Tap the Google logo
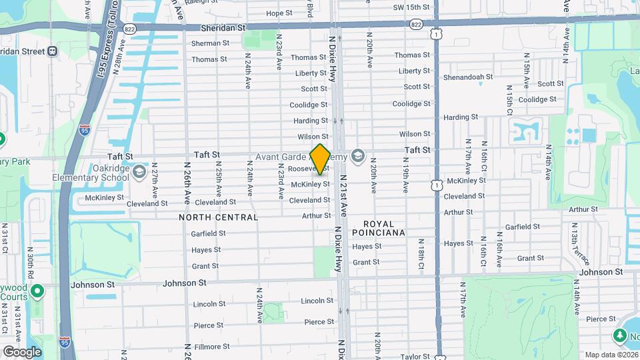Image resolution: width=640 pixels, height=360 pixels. point(22,351)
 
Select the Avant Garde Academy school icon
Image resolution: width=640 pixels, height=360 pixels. point(358,157)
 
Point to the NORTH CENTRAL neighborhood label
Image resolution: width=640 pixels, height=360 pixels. point(218,217)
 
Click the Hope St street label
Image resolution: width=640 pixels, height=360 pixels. point(279,13)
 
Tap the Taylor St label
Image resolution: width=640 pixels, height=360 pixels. point(415,357)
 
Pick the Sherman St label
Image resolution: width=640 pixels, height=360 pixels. point(210,43)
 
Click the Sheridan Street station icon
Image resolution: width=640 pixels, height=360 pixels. point(52,51)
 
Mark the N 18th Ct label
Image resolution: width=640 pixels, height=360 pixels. point(421,251)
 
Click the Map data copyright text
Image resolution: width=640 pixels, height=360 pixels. point(611,355)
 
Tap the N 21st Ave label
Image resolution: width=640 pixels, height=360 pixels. point(344,196)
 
